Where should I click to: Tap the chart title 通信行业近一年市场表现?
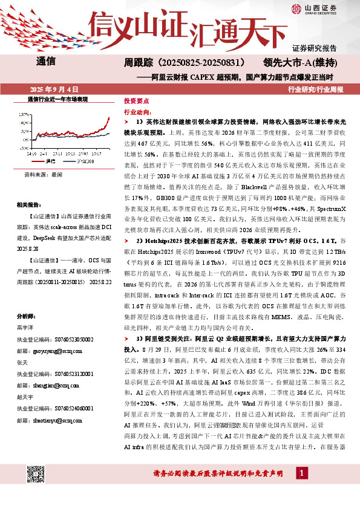tap(58, 99)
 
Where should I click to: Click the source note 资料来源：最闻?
tap(43, 173)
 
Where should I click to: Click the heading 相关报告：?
tap(29, 205)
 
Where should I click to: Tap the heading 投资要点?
tap(136, 102)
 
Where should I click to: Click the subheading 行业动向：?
tap(137, 112)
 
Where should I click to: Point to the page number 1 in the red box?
tap(301, 489)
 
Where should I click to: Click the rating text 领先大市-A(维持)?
tap(298, 62)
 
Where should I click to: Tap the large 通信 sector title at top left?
tap(46, 62)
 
